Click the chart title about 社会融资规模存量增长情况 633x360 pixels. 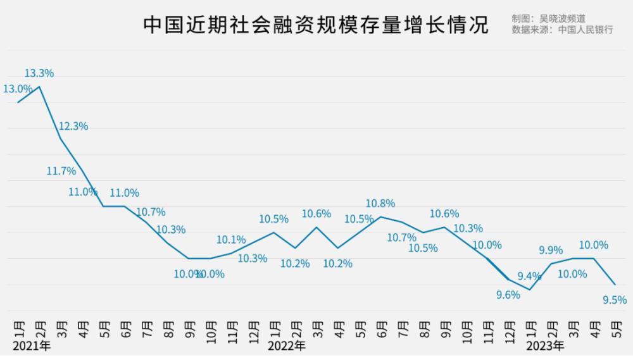315,25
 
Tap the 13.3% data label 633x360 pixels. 39,73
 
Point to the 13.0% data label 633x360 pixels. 18,89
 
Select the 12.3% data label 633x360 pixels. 73,127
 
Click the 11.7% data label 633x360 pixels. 61,171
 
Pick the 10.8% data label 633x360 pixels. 380,204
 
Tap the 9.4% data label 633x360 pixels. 529,276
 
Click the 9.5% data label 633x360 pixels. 615,300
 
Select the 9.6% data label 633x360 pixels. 507,294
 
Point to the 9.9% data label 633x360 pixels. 551,251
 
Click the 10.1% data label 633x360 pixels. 231,240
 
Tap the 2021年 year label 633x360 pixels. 31,346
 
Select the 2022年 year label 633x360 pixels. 286,346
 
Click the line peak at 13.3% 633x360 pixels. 40,87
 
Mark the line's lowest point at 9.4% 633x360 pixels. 529,290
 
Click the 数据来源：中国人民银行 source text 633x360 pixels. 562,30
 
